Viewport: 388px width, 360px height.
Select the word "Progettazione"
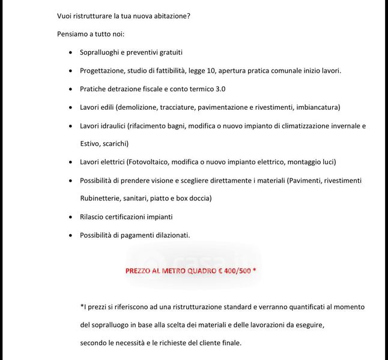pyautogui.click(x=103, y=71)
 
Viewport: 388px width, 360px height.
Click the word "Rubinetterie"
pyautogui.click(x=100, y=198)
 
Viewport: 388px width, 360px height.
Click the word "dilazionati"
pyautogui.click(x=171, y=235)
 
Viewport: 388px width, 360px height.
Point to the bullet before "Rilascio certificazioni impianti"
pyautogui.click(x=71, y=217)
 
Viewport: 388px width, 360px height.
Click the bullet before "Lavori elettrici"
pyautogui.click(x=71, y=162)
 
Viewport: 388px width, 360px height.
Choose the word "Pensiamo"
pyautogui.click(x=72, y=34)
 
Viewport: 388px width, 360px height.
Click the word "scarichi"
pyautogui.click(x=115, y=144)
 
